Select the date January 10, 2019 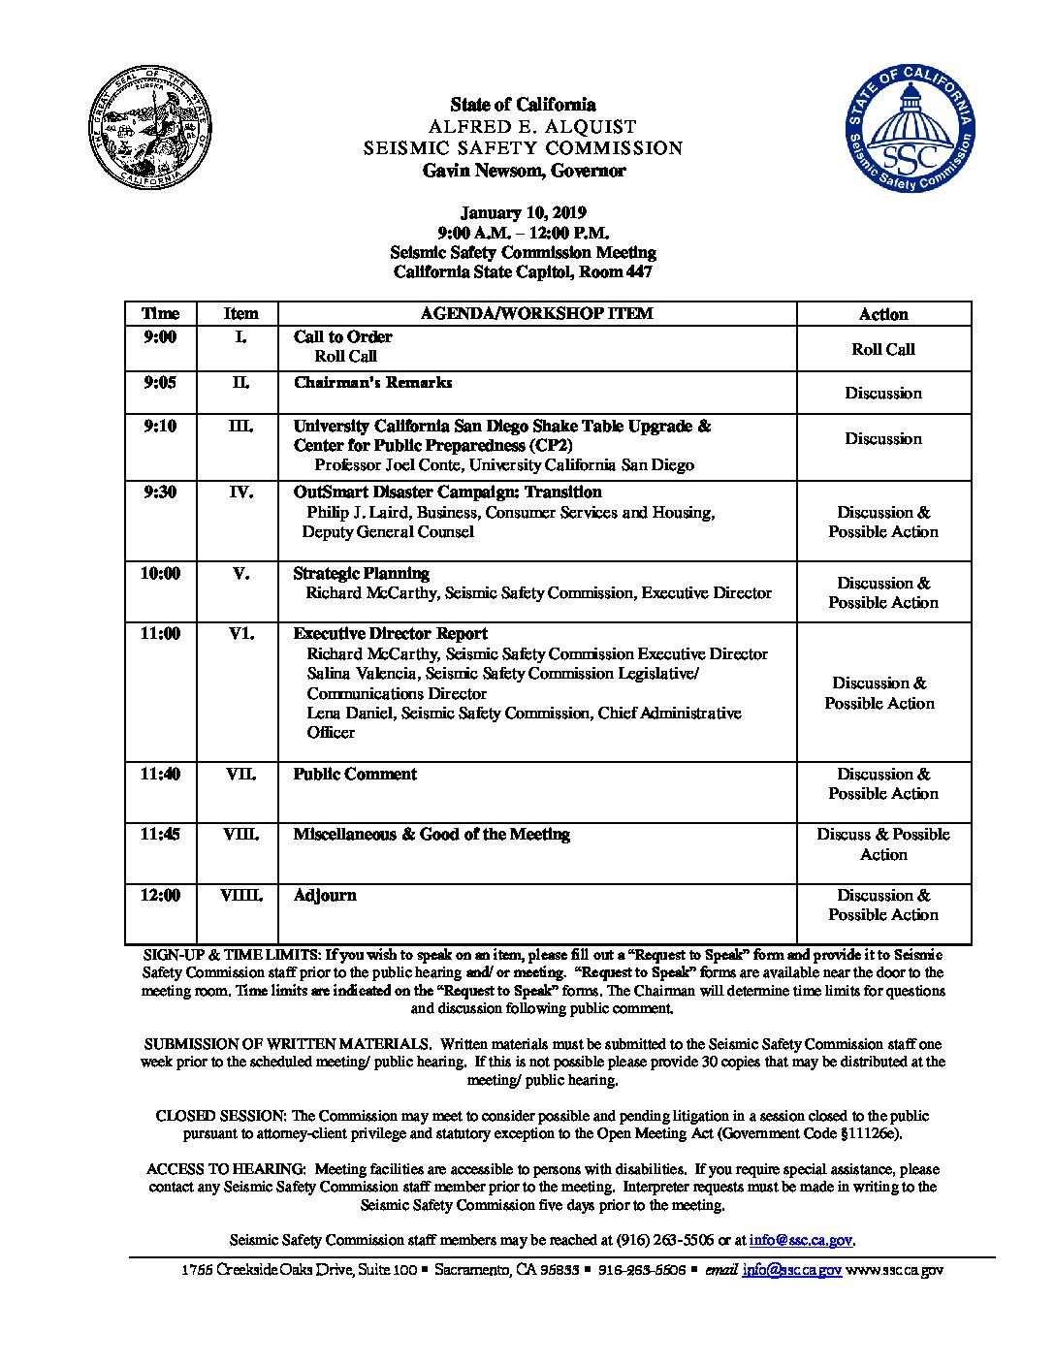pos(523,213)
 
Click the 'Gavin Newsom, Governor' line pos(524,172)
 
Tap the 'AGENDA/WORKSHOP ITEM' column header pos(536,314)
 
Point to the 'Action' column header pos(883,314)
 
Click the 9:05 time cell pos(160,383)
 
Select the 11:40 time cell pos(160,774)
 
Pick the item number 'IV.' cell pos(240,492)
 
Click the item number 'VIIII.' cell pos(240,896)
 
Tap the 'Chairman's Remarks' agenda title pos(372,383)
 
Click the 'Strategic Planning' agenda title pos(361,573)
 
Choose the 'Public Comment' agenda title pos(355,774)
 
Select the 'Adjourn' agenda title pos(325,896)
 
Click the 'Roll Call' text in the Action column pos(883,349)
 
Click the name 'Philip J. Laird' pos(358,512)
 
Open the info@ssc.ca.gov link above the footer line pos(801,1240)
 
